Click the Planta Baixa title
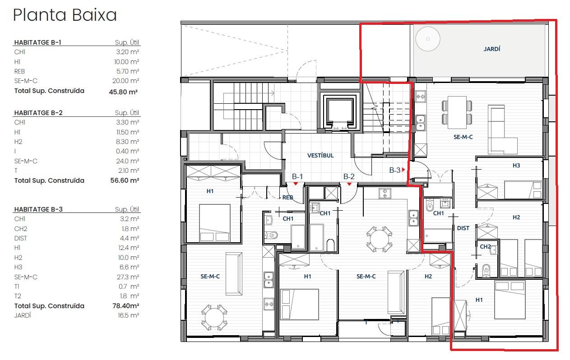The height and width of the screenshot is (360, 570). coord(65,15)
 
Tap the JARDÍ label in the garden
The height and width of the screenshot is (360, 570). coord(491,49)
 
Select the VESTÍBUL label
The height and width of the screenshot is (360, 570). coord(320,156)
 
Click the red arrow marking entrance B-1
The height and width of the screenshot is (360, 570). coord(296,184)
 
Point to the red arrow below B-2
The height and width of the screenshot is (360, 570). coord(349,184)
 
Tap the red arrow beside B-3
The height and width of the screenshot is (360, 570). coord(403,170)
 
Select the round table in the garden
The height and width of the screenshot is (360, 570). coord(428,39)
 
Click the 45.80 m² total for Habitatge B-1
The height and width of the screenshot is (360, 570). coord(123,92)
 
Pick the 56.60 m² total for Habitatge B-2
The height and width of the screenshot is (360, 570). coord(125,180)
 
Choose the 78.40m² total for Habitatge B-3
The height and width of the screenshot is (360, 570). coord(126,305)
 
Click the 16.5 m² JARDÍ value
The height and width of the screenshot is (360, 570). coord(129,315)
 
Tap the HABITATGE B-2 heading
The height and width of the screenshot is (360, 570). coord(38,113)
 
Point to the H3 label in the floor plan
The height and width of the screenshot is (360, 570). coord(516,166)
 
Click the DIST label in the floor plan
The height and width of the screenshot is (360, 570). coord(463,228)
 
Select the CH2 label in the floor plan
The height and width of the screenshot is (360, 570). coord(485,246)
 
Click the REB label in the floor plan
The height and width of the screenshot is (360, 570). coord(288,198)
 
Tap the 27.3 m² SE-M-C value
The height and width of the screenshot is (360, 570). coord(128,277)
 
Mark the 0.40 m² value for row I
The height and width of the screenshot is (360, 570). coord(127,151)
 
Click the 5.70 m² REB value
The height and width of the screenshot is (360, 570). coord(128,71)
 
